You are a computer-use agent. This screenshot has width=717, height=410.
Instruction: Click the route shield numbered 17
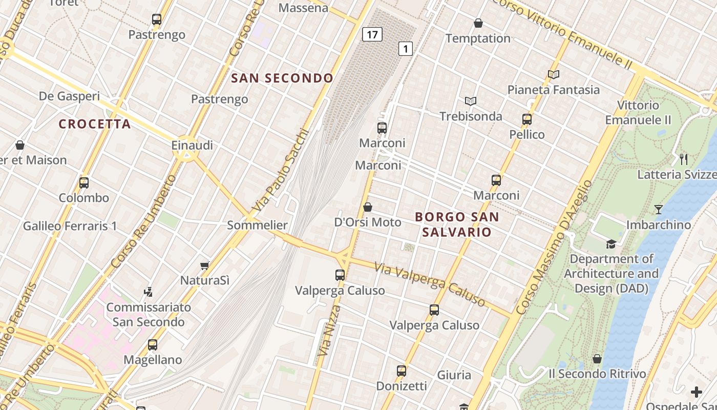click(x=372, y=35)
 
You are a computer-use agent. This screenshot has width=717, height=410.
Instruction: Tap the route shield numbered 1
click(x=406, y=49)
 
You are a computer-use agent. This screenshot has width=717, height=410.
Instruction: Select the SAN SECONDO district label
click(x=282, y=78)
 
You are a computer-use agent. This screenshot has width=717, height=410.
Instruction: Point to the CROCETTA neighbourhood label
click(x=95, y=124)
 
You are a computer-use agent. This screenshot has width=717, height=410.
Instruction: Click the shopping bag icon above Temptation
click(x=478, y=23)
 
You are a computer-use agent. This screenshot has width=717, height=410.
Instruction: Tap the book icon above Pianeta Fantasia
click(x=553, y=74)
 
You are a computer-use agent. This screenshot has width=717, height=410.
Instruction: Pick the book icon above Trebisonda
click(x=471, y=101)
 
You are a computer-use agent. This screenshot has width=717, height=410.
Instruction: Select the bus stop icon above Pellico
click(x=527, y=119)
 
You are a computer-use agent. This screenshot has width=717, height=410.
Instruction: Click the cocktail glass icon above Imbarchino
click(x=658, y=209)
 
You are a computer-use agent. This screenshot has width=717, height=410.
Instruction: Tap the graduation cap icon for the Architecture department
click(x=611, y=243)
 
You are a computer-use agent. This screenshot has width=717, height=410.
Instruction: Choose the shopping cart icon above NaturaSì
click(x=205, y=265)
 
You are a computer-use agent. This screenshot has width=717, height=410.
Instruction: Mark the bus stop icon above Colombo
click(x=84, y=182)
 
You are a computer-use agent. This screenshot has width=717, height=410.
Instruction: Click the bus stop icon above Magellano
click(x=153, y=344)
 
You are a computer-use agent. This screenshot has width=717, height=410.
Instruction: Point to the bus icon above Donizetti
click(x=402, y=371)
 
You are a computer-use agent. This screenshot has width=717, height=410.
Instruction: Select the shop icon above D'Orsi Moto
click(x=368, y=207)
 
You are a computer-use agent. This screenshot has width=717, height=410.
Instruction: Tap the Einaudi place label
click(x=192, y=145)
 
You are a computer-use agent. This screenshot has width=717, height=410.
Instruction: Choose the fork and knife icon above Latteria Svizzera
click(x=683, y=159)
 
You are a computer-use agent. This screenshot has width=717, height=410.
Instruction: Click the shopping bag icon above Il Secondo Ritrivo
click(x=597, y=359)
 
